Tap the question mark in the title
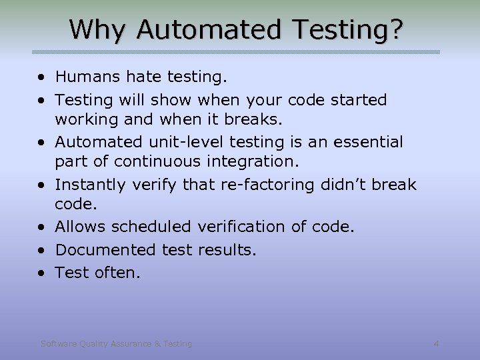(396, 29)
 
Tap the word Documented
(106, 250)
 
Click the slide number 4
(436, 344)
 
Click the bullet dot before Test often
(43, 273)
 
